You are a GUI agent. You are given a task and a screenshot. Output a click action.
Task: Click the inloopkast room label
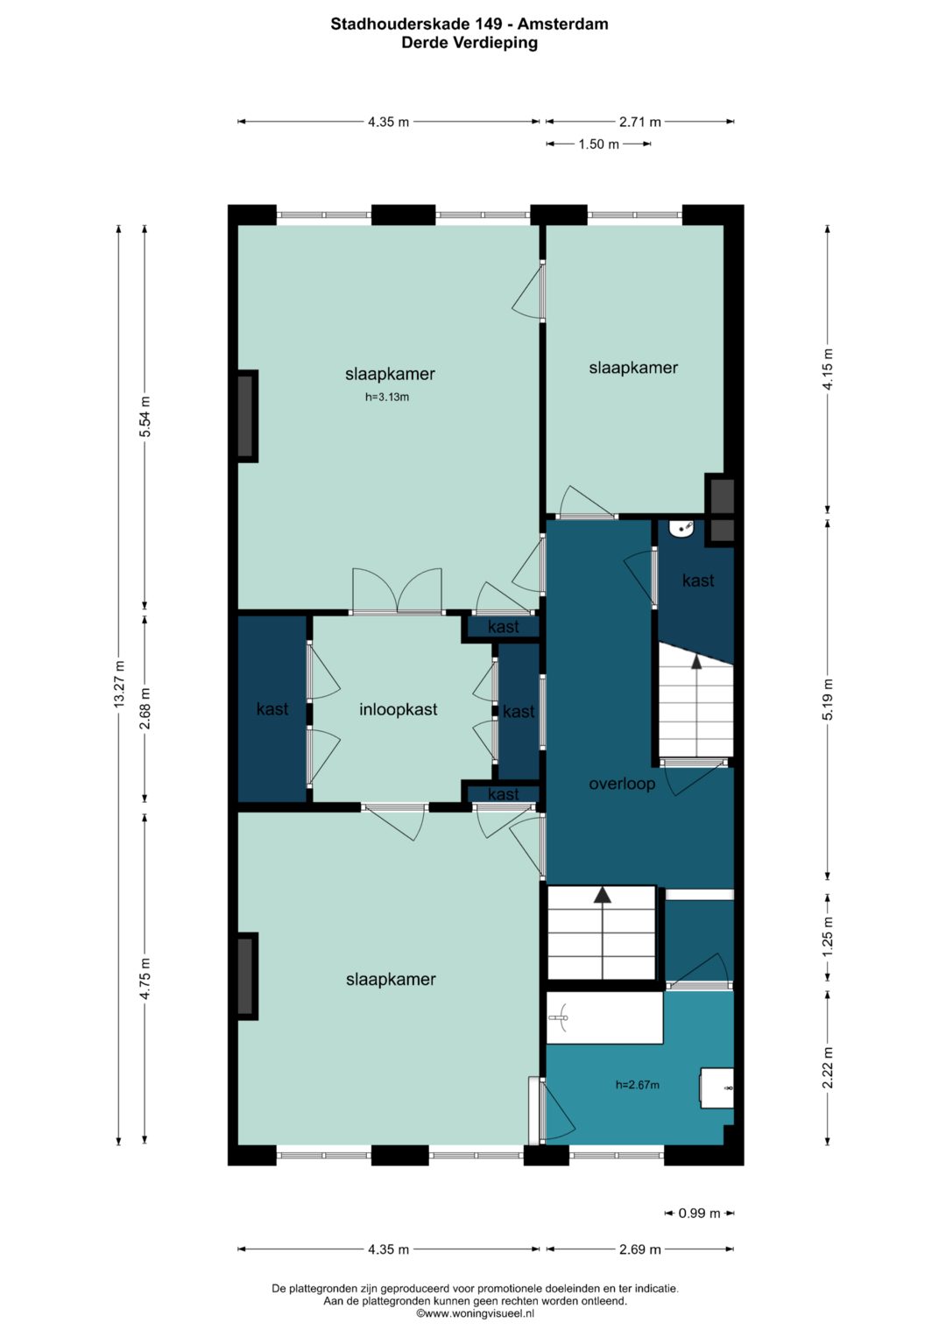398,709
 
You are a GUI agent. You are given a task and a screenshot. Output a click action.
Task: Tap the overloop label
622,784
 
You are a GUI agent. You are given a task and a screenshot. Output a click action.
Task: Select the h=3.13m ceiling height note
387,397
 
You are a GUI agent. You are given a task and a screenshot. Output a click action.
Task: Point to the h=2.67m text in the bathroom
638,1085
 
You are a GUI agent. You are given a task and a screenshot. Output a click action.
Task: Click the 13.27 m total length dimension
119,684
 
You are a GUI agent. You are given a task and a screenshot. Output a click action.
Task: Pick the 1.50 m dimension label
598,144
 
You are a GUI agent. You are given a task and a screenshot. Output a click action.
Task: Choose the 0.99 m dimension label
699,1213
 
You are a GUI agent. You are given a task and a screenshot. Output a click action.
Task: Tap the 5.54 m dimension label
145,417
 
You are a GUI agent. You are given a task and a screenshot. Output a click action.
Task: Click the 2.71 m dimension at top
639,122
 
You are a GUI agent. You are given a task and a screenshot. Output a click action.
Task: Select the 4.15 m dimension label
828,369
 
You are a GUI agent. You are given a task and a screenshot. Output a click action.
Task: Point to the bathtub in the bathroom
604,1017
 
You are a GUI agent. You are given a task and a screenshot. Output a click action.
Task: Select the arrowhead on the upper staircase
696,660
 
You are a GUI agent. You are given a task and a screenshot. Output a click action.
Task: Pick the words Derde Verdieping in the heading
469,44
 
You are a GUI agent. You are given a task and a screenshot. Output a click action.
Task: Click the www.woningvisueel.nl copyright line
476,1313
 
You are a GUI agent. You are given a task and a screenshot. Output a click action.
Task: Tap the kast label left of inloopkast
272,708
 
